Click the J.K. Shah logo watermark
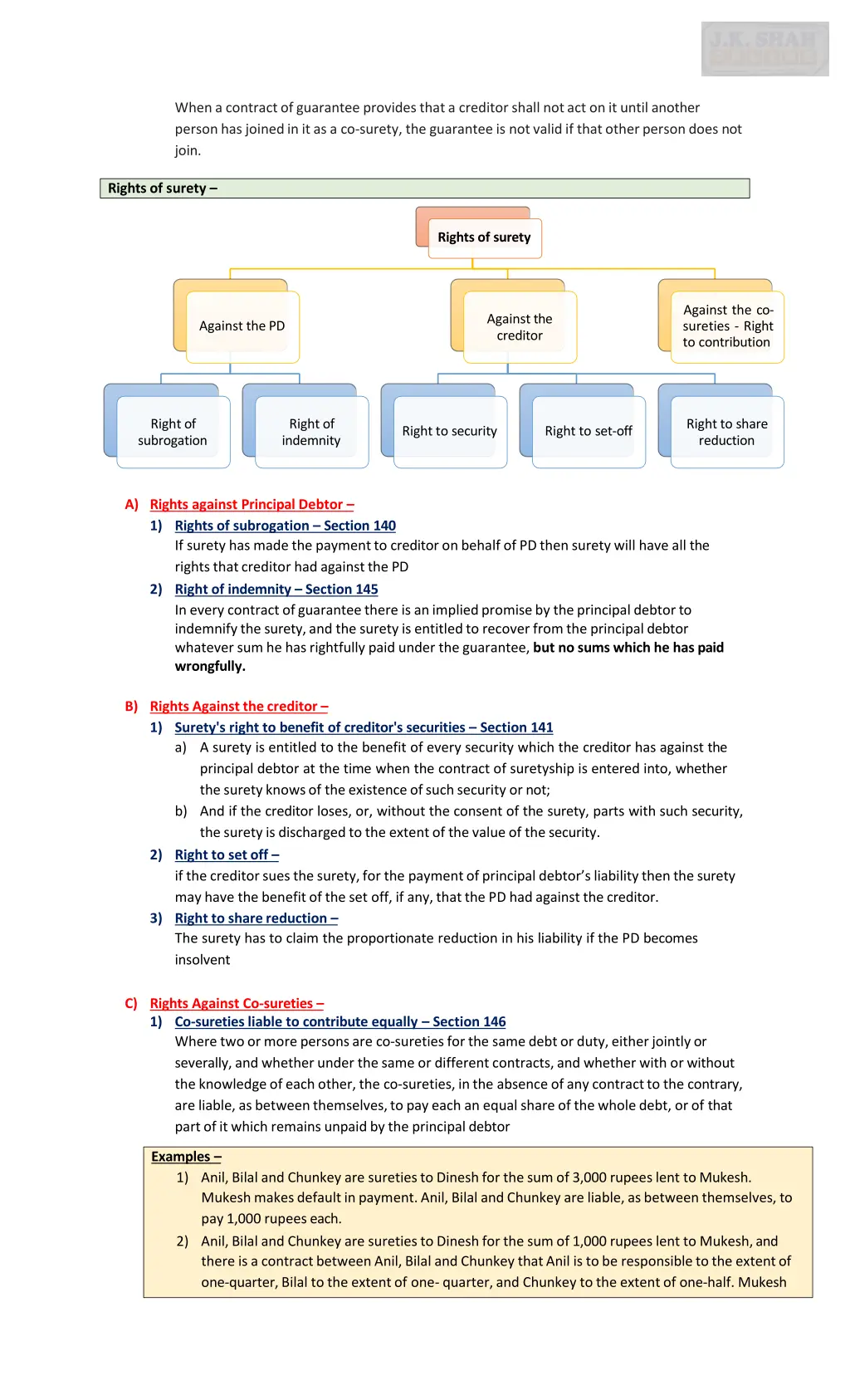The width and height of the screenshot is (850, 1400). point(765,49)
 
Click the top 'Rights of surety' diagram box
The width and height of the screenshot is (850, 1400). point(485,237)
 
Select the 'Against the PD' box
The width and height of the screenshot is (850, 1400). point(242,326)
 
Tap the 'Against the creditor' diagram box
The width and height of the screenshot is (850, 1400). point(520,327)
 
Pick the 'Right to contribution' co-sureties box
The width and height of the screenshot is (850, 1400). point(727,326)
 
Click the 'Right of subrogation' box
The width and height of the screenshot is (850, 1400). point(173,432)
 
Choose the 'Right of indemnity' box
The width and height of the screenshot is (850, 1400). point(311,432)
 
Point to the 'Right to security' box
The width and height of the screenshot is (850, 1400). point(450,431)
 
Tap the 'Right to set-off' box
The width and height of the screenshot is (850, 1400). point(589,431)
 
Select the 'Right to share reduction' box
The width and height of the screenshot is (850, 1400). point(727,432)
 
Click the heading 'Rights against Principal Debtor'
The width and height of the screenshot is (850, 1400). point(252,505)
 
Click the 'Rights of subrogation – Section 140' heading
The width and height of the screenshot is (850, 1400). point(285,526)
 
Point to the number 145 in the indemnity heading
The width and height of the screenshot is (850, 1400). point(366,590)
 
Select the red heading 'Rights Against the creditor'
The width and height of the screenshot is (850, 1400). point(238,707)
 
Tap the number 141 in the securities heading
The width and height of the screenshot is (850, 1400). point(541,727)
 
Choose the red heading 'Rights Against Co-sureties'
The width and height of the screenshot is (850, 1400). point(237,1004)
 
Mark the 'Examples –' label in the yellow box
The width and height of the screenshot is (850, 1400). point(186,1157)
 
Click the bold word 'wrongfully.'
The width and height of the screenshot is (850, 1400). point(210,667)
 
